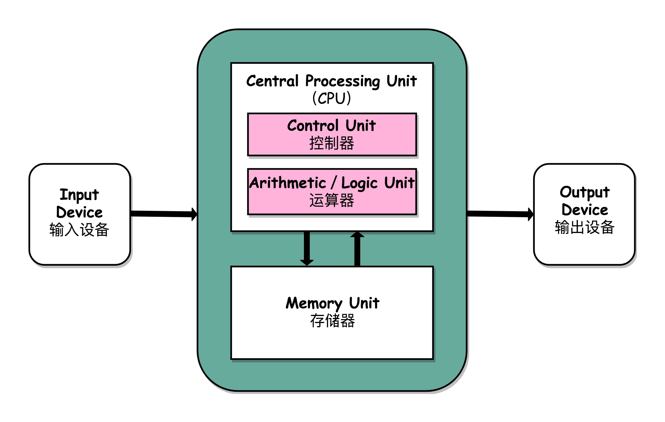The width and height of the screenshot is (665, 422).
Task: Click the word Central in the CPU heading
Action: click(272, 81)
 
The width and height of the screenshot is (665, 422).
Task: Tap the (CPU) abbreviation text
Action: click(332, 98)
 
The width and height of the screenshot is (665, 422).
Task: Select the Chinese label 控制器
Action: click(332, 143)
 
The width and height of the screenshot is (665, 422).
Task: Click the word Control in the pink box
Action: click(313, 125)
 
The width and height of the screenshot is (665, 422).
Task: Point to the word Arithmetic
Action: click(288, 183)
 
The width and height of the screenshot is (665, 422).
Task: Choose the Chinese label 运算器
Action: click(332, 200)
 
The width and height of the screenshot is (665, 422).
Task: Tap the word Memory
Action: click(314, 304)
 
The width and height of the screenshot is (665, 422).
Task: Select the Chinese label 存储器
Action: click(332, 321)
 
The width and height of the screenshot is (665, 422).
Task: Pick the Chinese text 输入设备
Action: click(79, 230)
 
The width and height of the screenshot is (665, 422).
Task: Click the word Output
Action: click(585, 193)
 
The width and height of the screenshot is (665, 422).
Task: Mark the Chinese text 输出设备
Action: click(585, 227)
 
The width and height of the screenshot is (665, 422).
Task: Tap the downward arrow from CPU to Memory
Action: click(307, 248)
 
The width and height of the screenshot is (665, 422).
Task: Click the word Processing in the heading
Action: click(343, 81)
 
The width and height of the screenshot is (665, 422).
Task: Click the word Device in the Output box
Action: click(585, 210)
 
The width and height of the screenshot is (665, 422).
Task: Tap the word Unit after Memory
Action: click(364, 303)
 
